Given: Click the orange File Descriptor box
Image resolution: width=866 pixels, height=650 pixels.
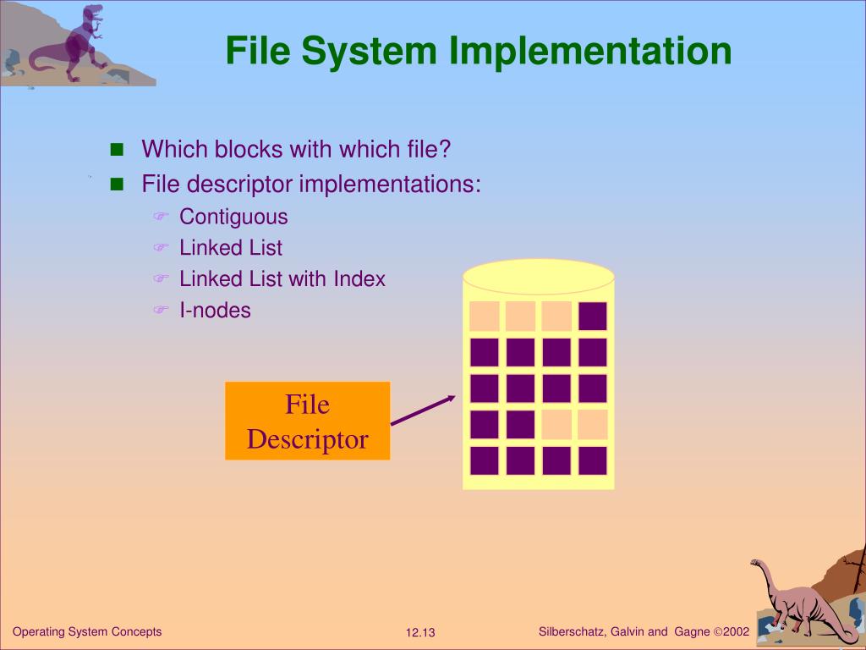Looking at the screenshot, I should [x=307, y=421].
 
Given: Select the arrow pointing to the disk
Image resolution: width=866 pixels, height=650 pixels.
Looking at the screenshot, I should [x=423, y=410].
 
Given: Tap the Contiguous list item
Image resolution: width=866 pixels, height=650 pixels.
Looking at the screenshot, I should [x=233, y=217].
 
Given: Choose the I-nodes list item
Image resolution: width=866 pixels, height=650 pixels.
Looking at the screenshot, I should [x=215, y=311].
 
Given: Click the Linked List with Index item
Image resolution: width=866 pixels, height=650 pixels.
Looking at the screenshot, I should [x=282, y=279].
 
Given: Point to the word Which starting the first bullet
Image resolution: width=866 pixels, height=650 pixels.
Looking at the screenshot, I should [x=173, y=150].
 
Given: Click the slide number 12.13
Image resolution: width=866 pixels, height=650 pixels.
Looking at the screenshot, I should [x=419, y=633].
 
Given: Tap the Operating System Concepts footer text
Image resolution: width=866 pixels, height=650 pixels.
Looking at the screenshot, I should [x=87, y=631].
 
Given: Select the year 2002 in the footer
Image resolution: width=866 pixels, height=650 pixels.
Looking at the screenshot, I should [x=737, y=631].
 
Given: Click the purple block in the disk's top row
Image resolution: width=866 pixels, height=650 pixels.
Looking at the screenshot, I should [x=593, y=316].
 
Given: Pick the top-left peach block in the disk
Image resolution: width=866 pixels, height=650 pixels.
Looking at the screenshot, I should [x=485, y=316].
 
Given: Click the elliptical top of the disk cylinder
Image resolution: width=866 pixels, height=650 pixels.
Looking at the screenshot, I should [x=538, y=276].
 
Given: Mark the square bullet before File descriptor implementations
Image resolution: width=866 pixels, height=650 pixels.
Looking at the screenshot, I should [x=117, y=184].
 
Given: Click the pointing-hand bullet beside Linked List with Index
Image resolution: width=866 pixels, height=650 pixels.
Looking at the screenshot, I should [x=161, y=279].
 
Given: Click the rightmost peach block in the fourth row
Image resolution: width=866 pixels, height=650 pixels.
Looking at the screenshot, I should [x=593, y=425].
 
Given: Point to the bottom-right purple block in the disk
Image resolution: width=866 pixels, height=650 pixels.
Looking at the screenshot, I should [x=593, y=461].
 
